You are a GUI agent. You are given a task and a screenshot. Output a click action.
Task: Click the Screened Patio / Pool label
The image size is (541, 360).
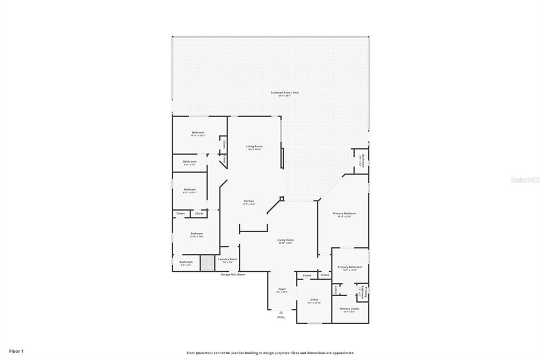(x=285, y=93)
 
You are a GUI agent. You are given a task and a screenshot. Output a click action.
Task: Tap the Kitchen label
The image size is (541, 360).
(x=249, y=201)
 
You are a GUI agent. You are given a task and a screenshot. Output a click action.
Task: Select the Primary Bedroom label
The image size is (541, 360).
(x=344, y=214)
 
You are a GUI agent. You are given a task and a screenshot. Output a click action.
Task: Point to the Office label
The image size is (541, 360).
(x=314, y=300)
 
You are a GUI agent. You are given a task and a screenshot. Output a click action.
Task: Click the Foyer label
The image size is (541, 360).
(x=282, y=289)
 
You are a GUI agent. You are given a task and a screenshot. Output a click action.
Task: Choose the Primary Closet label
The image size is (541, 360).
(x=349, y=309)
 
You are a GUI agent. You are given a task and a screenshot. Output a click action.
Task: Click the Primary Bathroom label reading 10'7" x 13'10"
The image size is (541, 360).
(x=350, y=267)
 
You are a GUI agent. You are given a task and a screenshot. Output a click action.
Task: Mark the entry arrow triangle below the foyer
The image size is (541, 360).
(x=281, y=312)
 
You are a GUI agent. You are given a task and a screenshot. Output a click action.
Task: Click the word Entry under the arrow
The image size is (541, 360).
(x=281, y=317)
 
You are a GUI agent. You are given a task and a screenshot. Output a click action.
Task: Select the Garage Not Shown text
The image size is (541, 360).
(x=232, y=274)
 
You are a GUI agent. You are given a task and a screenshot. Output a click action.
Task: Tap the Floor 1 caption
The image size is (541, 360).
(x=16, y=351)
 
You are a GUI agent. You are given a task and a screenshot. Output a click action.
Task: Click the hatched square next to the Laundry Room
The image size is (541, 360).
(x=207, y=263)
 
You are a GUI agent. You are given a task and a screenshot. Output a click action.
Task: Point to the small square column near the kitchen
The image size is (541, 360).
(x=282, y=199)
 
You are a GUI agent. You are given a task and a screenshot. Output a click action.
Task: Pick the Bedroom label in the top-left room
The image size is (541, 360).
(x=198, y=132)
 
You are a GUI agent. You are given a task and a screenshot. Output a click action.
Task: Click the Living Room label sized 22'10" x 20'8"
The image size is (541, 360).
(x=286, y=240)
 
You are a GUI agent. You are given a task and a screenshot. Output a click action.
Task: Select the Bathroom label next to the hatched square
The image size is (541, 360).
(x=186, y=262)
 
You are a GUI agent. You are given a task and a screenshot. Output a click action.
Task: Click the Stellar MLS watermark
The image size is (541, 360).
(x=525, y=180)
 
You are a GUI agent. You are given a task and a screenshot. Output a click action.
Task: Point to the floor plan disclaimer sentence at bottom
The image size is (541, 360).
(x=270, y=353)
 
